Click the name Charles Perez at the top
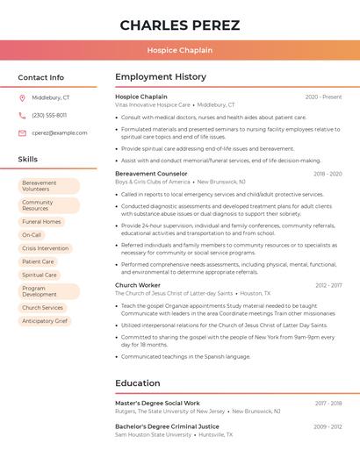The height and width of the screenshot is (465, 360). (179, 25)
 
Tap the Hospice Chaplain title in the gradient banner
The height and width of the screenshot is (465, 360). (179, 50)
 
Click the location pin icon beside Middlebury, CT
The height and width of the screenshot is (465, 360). (22, 97)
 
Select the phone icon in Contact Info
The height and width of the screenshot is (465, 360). (22, 115)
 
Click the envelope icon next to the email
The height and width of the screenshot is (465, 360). (22, 132)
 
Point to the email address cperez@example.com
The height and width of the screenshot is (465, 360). (60, 132)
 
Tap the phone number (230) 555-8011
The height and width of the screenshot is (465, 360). (49, 115)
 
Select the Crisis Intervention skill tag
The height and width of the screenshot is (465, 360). (45, 248)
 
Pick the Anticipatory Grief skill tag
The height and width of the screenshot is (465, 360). (45, 321)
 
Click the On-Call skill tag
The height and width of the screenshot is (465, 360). (32, 235)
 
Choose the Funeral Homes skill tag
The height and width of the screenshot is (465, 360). (41, 222)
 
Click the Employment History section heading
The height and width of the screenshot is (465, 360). (161, 77)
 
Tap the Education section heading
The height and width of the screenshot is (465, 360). (138, 383)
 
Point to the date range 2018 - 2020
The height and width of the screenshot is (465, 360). (328, 174)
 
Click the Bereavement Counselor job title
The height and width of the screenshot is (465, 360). (151, 174)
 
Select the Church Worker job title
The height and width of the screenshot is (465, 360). (138, 285)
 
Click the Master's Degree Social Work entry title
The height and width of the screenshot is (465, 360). (157, 403)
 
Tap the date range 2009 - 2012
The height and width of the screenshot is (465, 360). (328, 426)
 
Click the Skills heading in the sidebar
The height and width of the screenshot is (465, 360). (28, 159)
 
